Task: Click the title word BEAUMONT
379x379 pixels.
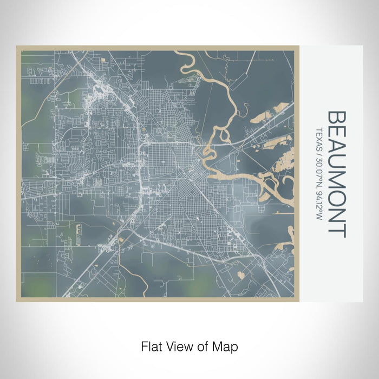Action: point(337,174)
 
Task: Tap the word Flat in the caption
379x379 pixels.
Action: point(150,345)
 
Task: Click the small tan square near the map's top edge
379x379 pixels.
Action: point(103,66)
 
